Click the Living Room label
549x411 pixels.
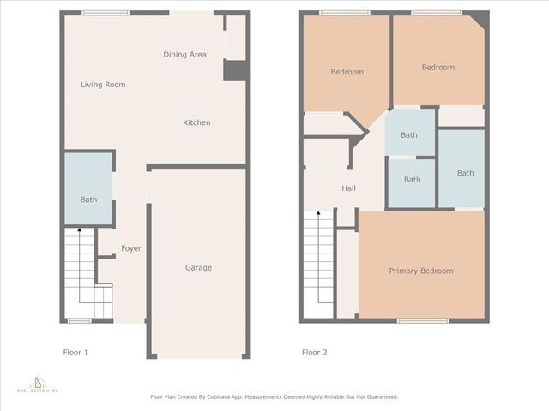[103, 85]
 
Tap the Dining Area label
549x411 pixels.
[184, 55]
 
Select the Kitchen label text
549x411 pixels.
[196, 122]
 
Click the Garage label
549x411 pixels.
[198, 267]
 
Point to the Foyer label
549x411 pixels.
[131, 248]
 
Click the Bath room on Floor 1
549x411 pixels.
[89, 200]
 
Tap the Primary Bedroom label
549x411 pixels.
[420, 271]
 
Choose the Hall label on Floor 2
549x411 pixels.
[348, 188]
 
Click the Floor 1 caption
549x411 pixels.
[75, 352]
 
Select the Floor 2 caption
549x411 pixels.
[314, 352]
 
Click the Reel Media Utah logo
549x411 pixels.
[38, 383]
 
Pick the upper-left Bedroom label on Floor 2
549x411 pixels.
[347, 72]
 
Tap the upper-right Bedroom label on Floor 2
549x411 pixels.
[437, 67]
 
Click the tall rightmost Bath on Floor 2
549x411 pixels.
[465, 173]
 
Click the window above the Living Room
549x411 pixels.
[106, 13]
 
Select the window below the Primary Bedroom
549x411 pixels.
[423, 321]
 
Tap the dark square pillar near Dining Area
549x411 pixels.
[235, 70]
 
